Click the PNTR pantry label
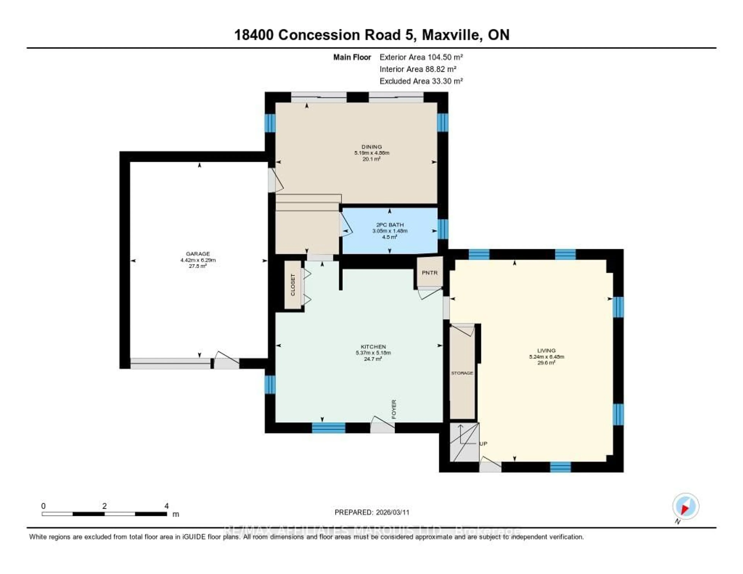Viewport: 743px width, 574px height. click(x=430, y=273)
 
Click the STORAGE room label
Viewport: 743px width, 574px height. click(x=462, y=373)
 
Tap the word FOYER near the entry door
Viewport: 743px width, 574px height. click(x=394, y=409)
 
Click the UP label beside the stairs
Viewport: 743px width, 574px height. click(x=483, y=444)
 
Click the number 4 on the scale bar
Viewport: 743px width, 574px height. click(x=166, y=506)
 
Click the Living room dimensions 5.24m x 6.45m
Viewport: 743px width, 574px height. click(x=546, y=357)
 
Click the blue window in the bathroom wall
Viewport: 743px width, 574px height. click(x=443, y=229)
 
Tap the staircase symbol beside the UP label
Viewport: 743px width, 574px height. click(x=464, y=442)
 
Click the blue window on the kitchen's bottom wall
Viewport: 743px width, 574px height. click(x=329, y=428)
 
